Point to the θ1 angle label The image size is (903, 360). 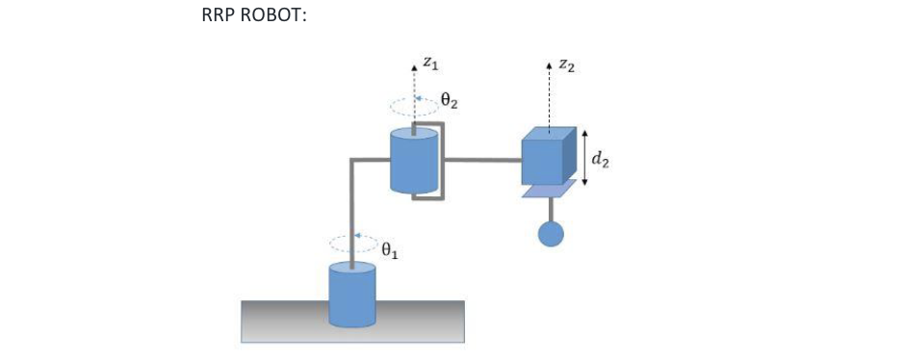(390, 251)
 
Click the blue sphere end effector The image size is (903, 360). (550, 233)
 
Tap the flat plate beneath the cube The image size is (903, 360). (550, 190)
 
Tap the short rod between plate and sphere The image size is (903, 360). (550, 209)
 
